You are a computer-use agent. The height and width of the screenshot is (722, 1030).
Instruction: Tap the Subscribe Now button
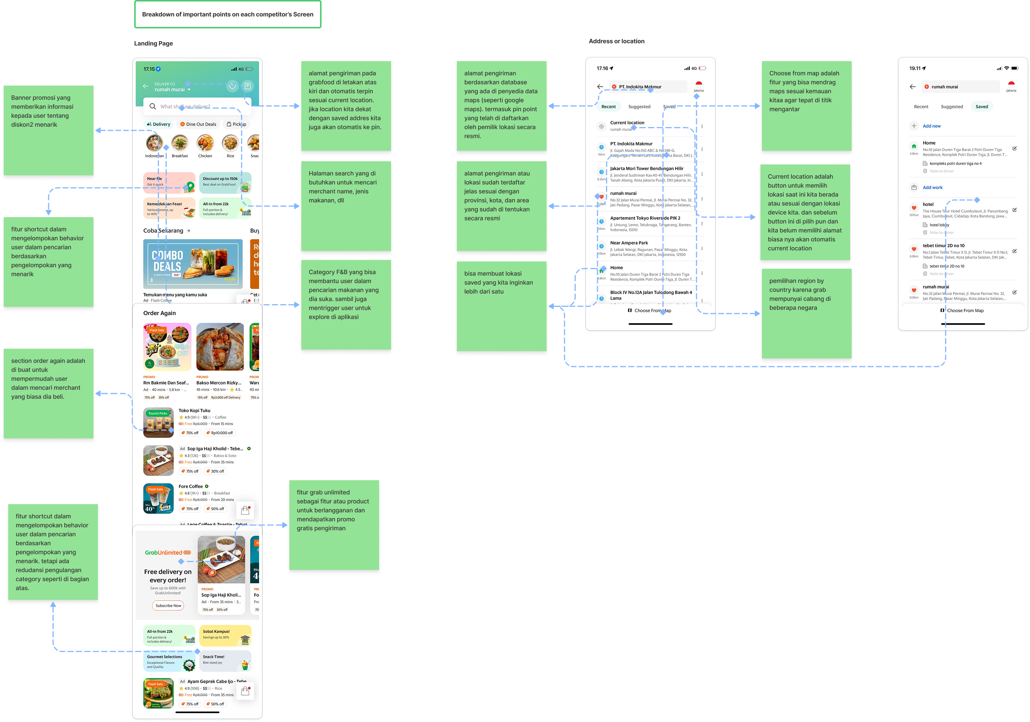tap(168, 605)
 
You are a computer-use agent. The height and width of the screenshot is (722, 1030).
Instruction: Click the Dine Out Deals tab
tap(198, 124)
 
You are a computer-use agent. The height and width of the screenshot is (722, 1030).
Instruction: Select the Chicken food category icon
tap(205, 144)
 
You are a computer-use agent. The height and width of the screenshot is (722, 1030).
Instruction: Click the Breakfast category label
tap(179, 156)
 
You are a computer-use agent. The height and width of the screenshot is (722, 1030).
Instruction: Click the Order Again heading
tap(159, 313)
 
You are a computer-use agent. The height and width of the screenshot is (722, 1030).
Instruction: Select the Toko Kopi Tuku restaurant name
tap(194, 410)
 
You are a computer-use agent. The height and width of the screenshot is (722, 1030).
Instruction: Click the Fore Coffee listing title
tap(191, 486)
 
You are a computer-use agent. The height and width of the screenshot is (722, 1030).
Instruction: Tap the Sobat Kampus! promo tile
tap(225, 635)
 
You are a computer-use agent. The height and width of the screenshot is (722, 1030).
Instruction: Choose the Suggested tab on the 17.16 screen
tap(639, 107)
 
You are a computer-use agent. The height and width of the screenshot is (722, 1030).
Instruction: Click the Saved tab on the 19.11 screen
tap(981, 107)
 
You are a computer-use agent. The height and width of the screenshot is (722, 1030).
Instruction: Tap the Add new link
tap(931, 126)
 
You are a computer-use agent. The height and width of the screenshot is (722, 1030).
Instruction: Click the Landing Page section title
tap(153, 43)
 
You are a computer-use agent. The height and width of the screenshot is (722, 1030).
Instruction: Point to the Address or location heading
tap(617, 41)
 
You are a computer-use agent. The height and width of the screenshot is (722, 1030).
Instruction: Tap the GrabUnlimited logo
tap(168, 552)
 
